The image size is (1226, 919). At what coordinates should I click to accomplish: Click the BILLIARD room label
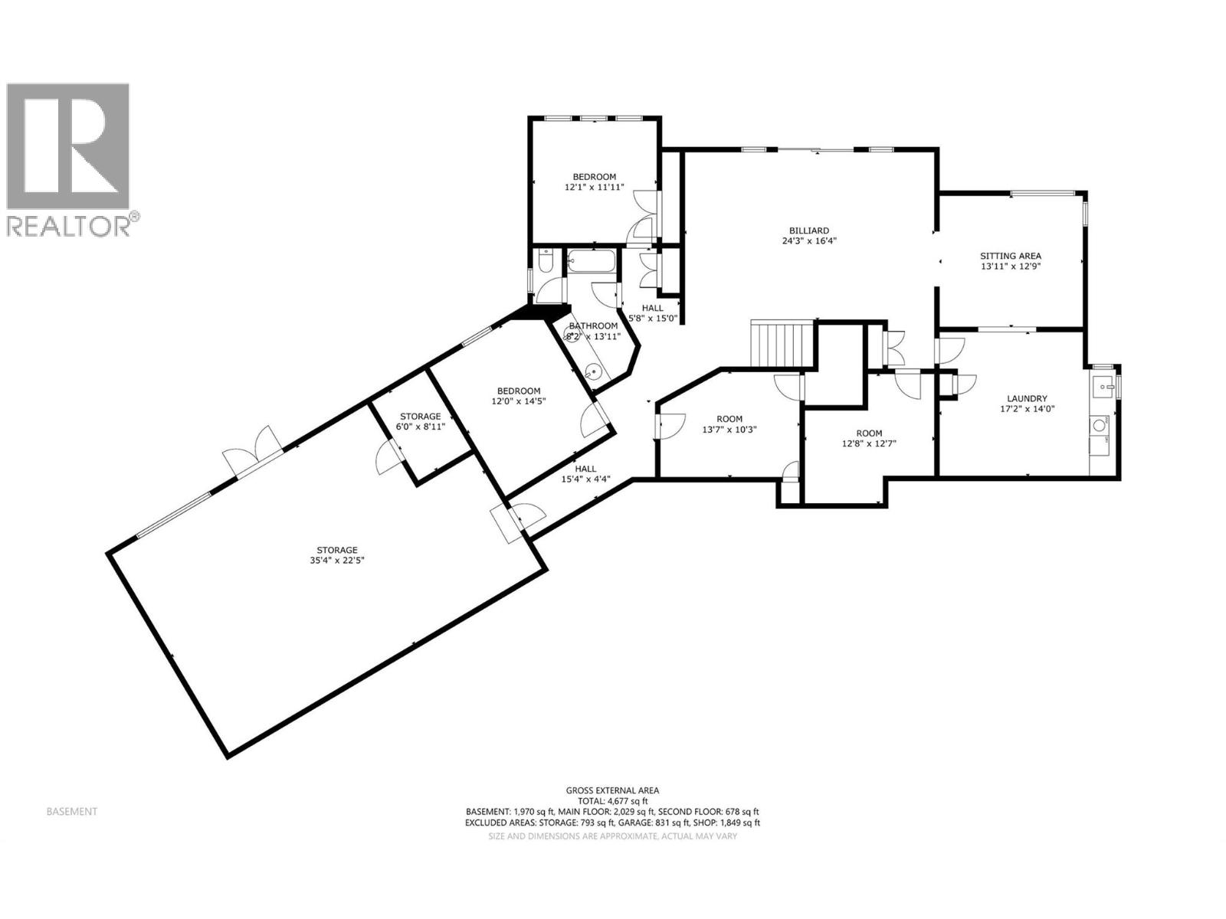tap(808, 230)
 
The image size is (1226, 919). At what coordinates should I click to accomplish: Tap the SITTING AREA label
tap(1010, 256)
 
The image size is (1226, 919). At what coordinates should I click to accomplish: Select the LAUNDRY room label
tap(1028, 398)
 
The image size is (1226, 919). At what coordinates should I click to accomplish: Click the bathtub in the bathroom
tap(591, 263)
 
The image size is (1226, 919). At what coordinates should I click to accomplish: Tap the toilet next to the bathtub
tap(543, 264)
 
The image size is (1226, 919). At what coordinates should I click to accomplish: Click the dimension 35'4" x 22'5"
tap(337, 561)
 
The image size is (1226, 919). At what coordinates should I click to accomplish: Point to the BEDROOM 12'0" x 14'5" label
tap(518, 391)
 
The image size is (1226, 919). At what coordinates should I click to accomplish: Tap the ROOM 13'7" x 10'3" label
tap(729, 419)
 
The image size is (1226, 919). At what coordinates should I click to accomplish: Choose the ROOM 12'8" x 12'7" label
tap(869, 433)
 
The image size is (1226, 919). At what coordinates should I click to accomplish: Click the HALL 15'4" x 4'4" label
tap(585, 469)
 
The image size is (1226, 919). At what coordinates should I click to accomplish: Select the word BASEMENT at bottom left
tap(72, 812)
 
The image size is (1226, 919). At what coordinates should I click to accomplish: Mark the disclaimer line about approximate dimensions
tap(612, 836)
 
